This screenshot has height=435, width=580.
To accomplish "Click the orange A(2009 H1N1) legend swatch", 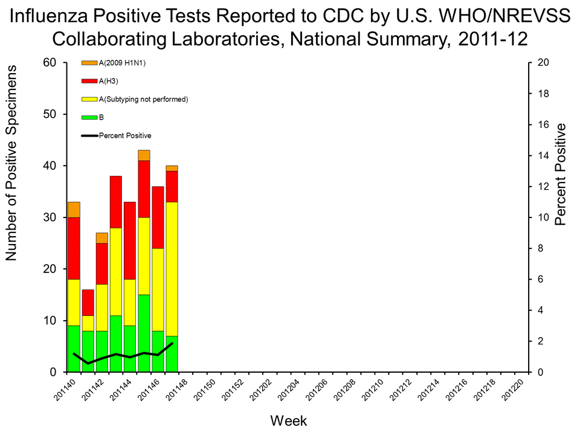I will (x=89, y=63).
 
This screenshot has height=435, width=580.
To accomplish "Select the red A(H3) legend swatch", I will (x=89, y=81).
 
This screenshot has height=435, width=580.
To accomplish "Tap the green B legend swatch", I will (x=89, y=117).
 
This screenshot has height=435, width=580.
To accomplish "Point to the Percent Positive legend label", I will (x=125, y=135).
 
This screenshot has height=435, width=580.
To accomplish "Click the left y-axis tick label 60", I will (x=50, y=63).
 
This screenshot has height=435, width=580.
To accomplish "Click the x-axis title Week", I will (x=289, y=420).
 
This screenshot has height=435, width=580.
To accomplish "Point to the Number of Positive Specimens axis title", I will (x=11, y=164).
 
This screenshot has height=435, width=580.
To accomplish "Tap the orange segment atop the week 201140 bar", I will (x=74, y=209).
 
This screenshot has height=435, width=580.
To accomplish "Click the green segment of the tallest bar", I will (x=144, y=333).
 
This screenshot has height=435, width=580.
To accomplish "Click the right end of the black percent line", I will (x=172, y=343).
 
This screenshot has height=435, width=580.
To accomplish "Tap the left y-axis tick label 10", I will (x=50, y=320).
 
